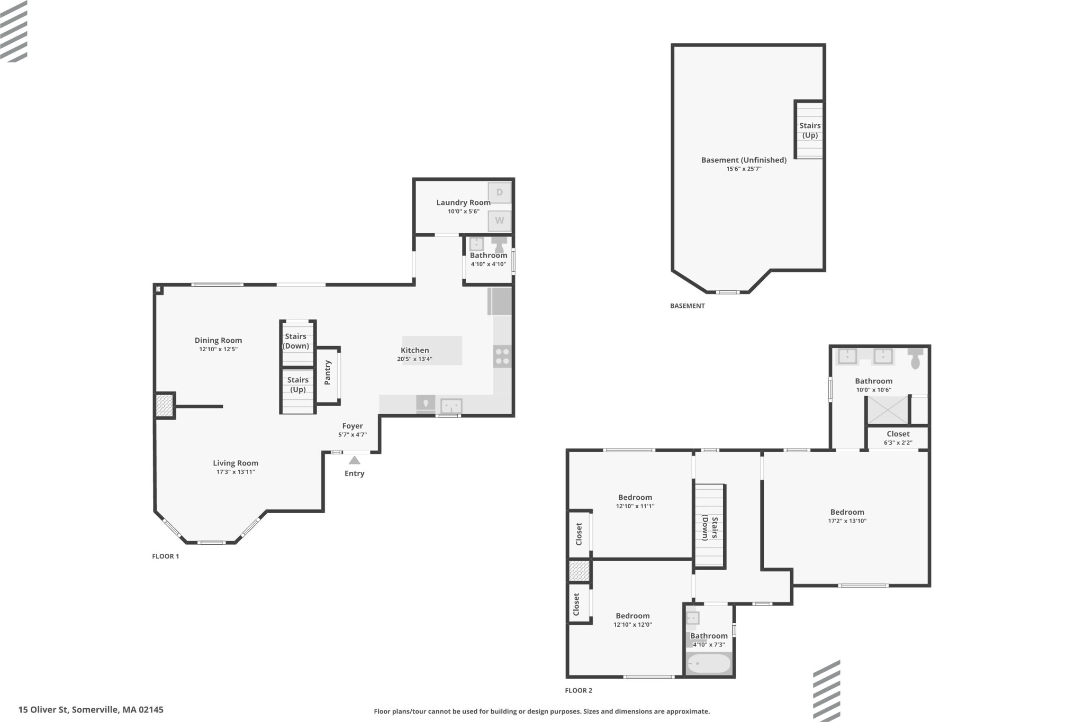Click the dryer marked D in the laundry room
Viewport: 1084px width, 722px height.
click(500, 193)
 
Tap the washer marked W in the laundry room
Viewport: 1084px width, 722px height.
click(500, 221)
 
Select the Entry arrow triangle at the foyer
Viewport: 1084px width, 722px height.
click(355, 460)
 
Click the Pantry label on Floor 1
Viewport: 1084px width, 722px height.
click(328, 372)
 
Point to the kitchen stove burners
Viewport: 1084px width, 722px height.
click(502, 356)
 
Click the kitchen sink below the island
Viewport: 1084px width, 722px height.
click(451, 406)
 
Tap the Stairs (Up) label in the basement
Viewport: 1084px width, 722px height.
click(810, 130)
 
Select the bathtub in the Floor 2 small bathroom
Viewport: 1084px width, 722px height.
click(709, 663)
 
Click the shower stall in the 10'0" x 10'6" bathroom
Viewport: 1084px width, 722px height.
click(888, 410)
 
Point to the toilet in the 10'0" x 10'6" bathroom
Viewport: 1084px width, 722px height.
click(915, 358)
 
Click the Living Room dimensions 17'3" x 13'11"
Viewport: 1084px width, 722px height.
click(236, 472)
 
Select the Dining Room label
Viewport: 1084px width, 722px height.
click(218, 340)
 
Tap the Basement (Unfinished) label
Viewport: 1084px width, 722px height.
click(744, 160)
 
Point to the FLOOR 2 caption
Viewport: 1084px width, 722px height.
click(579, 690)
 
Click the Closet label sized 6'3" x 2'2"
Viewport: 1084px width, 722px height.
click(898, 434)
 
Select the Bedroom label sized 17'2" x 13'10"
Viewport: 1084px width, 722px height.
click(847, 512)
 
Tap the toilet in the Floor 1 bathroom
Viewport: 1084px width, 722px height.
click(499, 245)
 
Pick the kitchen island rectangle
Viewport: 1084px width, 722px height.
click(432, 351)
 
